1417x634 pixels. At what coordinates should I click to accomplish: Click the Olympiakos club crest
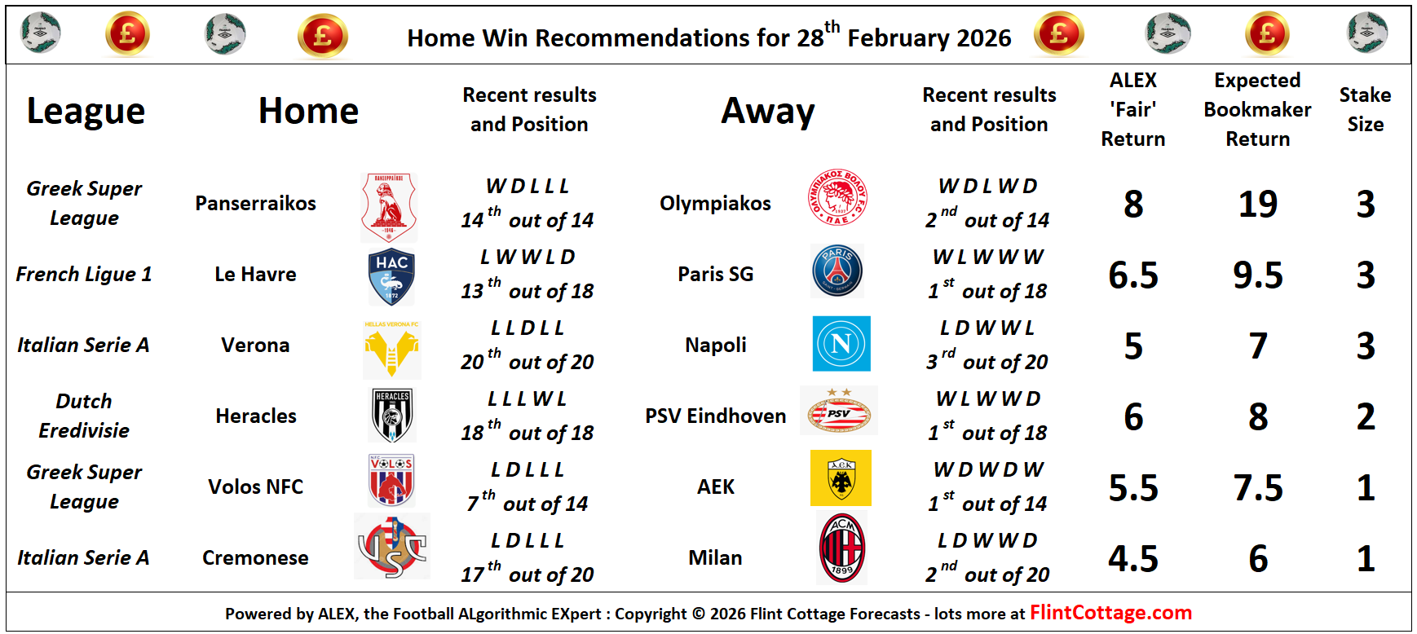click(x=837, y=198)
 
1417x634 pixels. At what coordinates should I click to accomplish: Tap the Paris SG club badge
click(x=838, y=271)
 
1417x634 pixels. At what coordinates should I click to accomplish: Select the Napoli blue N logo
click(x=841, y=344)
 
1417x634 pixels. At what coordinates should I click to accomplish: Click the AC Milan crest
click(x=841, y=548)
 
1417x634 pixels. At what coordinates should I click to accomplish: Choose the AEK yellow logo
click(x=841, y=478)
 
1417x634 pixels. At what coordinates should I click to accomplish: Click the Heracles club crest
click(x=392, y=416)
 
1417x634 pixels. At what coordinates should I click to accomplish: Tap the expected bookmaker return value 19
click(x=1257, y=204)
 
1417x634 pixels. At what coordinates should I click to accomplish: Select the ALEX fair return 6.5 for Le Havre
click(x=1133, y=275)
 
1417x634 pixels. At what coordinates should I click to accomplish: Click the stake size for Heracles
click(x=1366, y=417)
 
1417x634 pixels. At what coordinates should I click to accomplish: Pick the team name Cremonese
click(x=255, y=557)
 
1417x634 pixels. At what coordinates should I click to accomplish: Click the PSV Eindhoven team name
click(x=715, y=416)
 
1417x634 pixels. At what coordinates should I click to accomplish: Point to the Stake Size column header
click(x=1365, y=109)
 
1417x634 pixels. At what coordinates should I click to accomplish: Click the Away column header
click(x=768, y=111)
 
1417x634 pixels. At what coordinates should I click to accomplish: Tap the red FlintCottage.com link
click(x=1110, y=613)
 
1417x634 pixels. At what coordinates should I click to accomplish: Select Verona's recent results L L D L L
click(x=528, y=328)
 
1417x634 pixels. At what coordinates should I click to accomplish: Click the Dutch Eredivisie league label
click(x=84, y=416)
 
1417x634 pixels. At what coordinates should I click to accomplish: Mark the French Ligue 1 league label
click(x=84, y=274)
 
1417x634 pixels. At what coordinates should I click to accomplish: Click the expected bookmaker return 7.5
click(x=1257, y=488)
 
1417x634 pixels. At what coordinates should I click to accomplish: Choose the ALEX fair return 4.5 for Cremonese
click(x=1133, y=559)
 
